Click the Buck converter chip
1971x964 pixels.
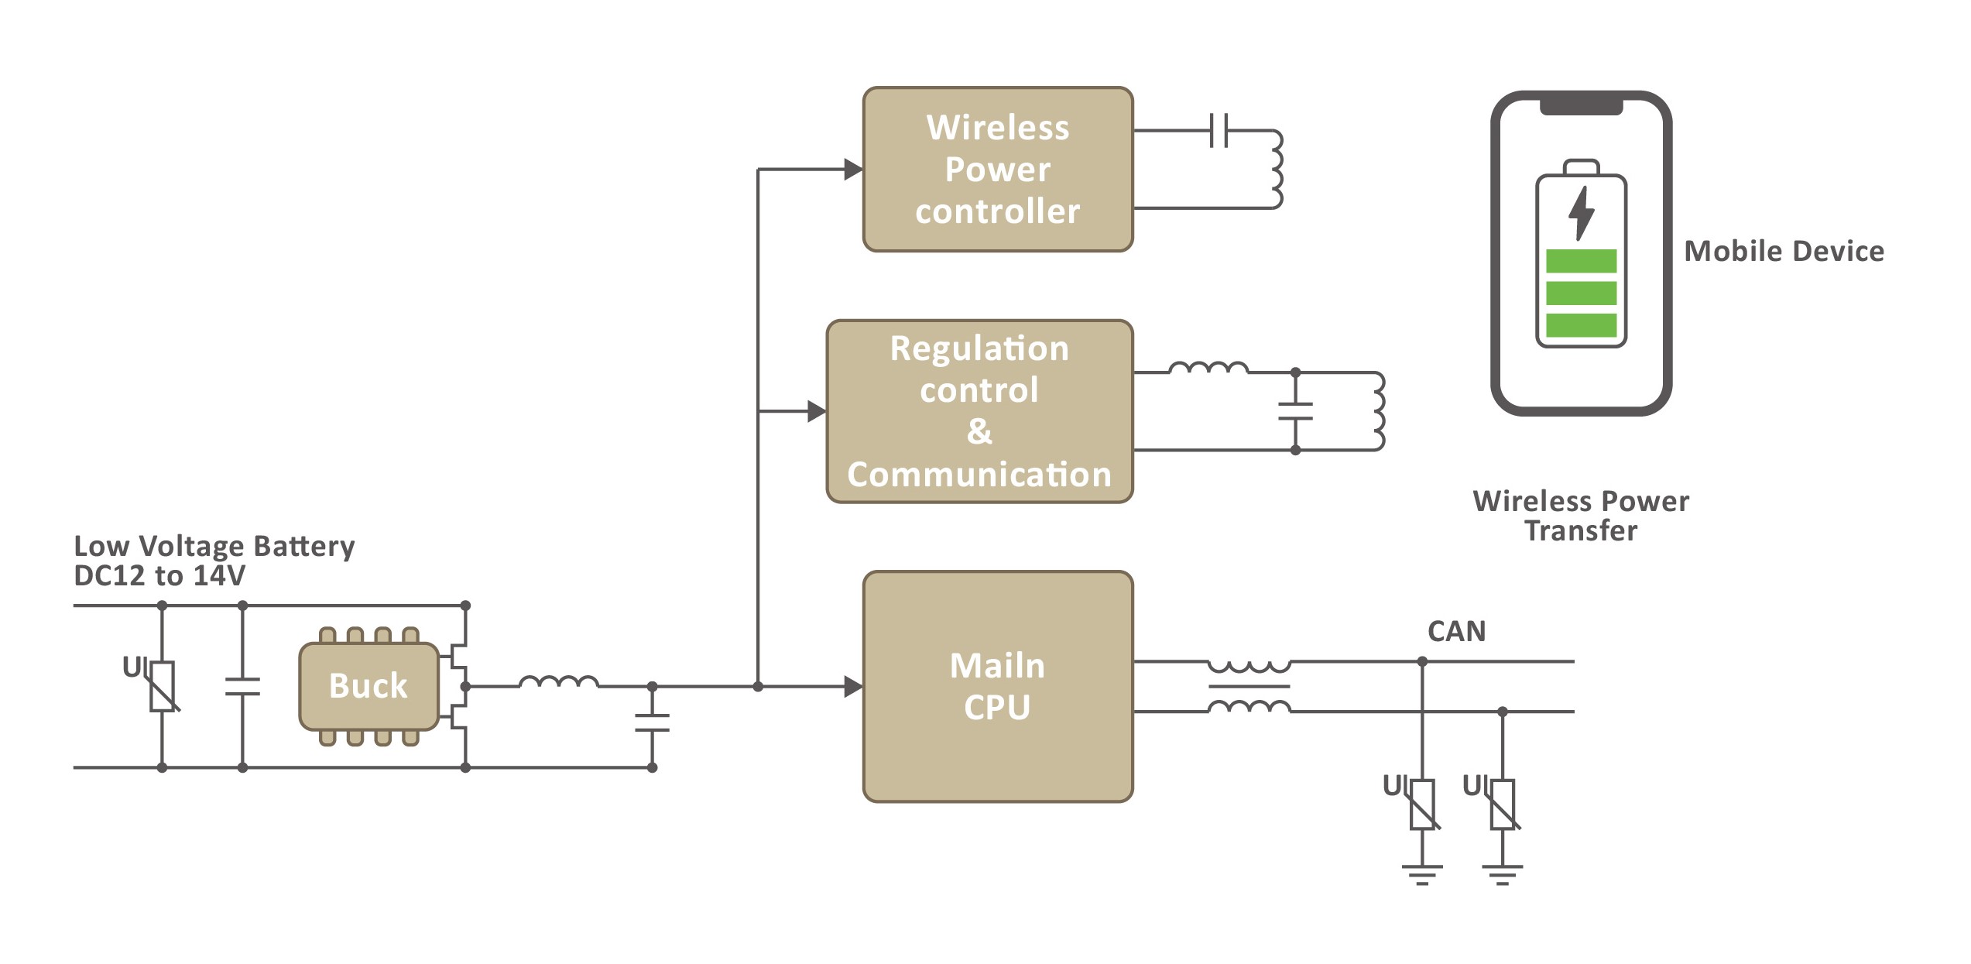(368, 686)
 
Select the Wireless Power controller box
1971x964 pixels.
(997, 170)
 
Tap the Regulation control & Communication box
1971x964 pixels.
(979, 411)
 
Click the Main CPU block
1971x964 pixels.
(997, 686)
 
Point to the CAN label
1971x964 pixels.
(1456, 631)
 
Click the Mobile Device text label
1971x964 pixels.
(1784, 251)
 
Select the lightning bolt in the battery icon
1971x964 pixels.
(1581, 213)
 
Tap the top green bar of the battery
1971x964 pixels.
(1581, 261)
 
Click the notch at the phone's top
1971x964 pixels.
(1581, 106)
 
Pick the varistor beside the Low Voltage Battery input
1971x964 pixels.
(163, 686)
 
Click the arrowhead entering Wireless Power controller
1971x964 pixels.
(853, 170)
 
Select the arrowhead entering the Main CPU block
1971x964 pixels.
(853, 686)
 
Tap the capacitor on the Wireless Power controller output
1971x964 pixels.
(1219, 130)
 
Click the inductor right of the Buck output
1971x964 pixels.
(558, 682)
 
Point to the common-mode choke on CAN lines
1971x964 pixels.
(1249, 686)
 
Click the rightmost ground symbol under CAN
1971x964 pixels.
(1502, 874)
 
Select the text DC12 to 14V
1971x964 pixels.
(159, 575)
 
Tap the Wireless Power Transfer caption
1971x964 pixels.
(1581, 516)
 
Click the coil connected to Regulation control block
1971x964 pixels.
(1378, 411)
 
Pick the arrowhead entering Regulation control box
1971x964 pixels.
(817, 411)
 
